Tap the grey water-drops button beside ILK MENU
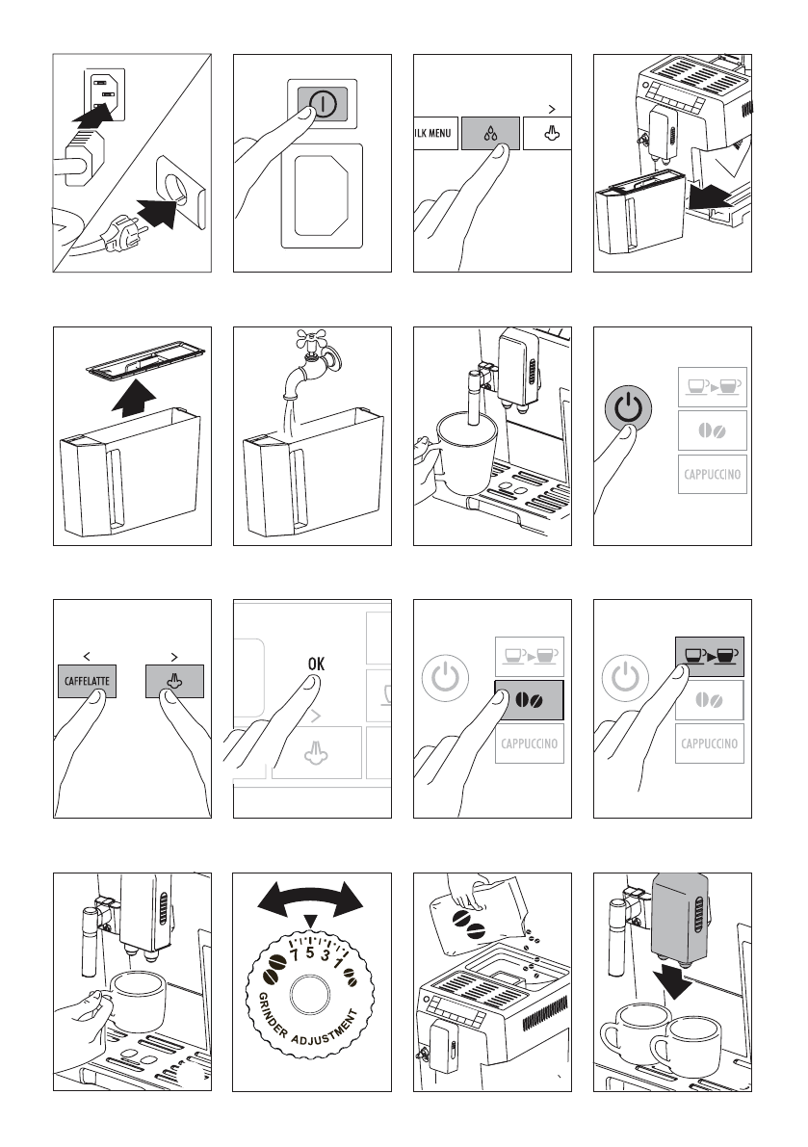click(x=490, y=133)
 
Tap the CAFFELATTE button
click(x=88, y=681)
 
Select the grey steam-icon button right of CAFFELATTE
click(x=174, y=681)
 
